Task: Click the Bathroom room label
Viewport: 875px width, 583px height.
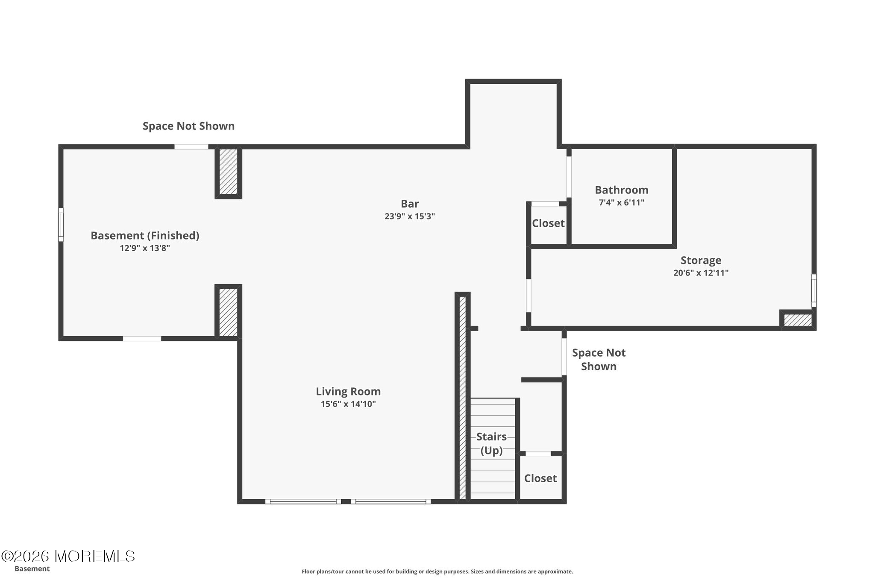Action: (x=621, y=190)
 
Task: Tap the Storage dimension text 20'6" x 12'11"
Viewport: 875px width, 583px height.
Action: (x=701, y=273)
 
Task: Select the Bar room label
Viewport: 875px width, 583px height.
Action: (x=410, y=204)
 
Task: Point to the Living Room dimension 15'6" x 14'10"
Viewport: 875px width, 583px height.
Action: (x=348, y=404)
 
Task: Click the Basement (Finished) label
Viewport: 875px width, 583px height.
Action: (x=145, y=236)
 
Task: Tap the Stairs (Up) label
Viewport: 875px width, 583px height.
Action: (x=491, y=443)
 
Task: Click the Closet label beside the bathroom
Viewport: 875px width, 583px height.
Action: (x=548, y=223)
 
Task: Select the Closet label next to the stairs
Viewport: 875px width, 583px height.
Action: (x=540, y=478)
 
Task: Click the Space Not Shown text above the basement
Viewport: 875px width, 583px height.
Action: (x=188, y=126)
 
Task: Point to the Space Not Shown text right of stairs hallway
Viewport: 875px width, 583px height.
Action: (x=599, y=360)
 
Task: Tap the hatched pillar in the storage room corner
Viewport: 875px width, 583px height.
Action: (x=798, y=320)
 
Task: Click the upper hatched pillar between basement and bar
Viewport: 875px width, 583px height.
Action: (x=228, y=172)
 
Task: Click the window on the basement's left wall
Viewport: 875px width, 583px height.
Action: (x=61, y=225)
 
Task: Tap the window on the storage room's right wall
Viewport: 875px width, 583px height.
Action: (x=814, y=290)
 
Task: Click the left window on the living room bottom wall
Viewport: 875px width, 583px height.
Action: (x=303, y=501)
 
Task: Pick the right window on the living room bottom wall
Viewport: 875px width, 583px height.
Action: (x=391, y=501)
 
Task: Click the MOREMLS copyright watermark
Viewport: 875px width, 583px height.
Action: (x=68, y=556)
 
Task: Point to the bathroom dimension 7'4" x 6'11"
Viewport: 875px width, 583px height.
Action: (x=621, y=202)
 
